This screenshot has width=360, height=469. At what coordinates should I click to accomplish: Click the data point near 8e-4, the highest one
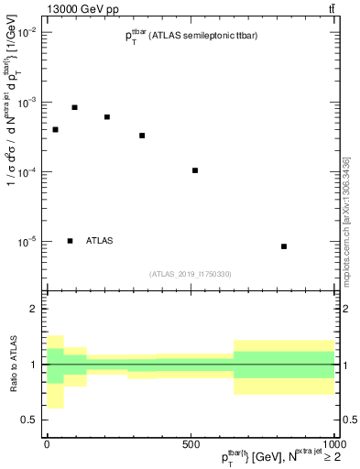(x=75, y=107)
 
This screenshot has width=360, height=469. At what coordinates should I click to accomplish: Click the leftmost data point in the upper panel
(x=56, y=129)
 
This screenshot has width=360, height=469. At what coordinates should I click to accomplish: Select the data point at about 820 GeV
(x=284, y=246)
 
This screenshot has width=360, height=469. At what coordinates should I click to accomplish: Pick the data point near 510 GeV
(x=195, y=170)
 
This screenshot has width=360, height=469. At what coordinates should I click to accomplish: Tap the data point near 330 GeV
(x=142, y=136)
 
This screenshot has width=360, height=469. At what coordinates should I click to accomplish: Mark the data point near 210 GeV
(x=107, y=117)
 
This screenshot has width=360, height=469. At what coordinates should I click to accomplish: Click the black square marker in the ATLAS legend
(x=71, y=241)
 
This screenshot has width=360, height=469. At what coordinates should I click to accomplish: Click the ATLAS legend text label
(x=100, y=241)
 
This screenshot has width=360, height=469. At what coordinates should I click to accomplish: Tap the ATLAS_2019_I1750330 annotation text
(x=191, y=273)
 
